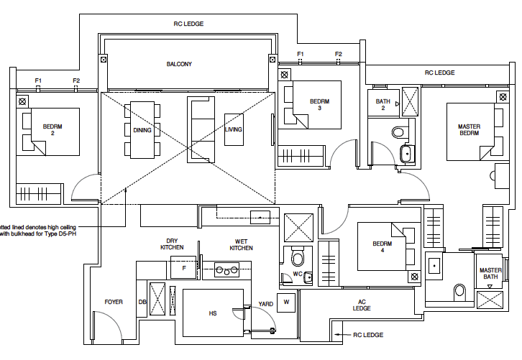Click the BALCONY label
pyautogui.click(x=179, y=64)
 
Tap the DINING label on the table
pyautogui.click(x=142, y=130)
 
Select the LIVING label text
pyautogui.click(x=233, y=130)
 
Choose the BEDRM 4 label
pyautogui.click(x=383, y=247)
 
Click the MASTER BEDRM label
pyautogui.click(x=469, y=130)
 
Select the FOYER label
pyautogui.click(x=114, y=302)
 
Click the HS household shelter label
pyautogui.click(x=212, y=313)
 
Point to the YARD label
pyautogui.click(x=265, y=303)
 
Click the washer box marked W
pyautogui.click(x=286, y=301)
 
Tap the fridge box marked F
pyautogui.click(x=184, y=269)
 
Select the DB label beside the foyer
pyautogui.click(x=142, y=303)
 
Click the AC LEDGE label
pyautogui.click(x=361, y=305)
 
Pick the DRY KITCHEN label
pyautogui.click(x=172, y=244)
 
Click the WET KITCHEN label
pyautogui.click(x=241, y=244)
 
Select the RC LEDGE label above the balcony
pyautogui.click(x=188, y=24)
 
